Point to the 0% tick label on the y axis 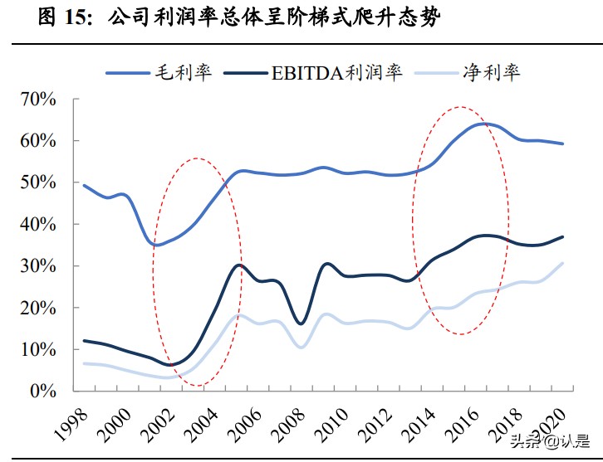[41, 391]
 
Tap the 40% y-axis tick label [37, 224]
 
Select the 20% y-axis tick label [37, 308]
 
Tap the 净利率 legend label [491, 72]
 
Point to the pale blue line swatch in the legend [437, 73]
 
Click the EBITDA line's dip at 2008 [301, 323]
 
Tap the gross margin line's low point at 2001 [157, 245]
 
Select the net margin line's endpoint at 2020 [564, 263]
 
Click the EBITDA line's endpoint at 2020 [564, 236]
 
